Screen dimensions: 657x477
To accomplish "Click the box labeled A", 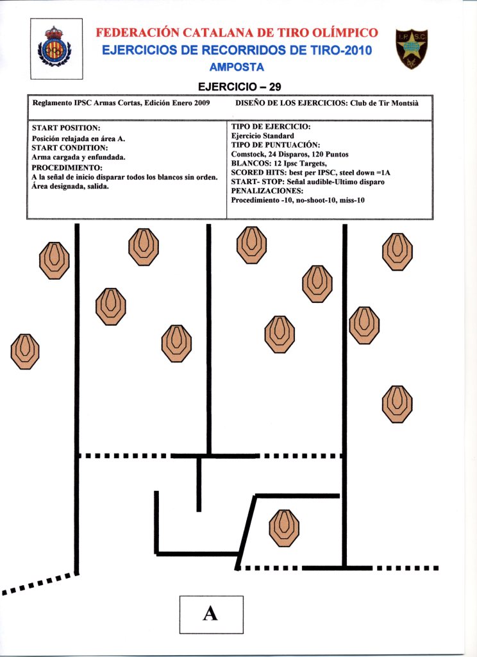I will coord(211,614).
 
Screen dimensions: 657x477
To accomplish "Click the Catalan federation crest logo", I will coord(56,49).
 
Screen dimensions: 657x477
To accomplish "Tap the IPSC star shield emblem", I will coord(412,49).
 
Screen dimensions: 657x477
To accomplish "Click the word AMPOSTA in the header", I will coord(237,67).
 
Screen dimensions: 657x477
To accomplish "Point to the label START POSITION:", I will coord(66,128).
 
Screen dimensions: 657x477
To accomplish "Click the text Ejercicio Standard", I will coord(262,136).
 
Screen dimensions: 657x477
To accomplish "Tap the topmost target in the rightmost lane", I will coord(397,252).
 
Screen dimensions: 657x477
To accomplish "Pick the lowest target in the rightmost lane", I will coord(397,404).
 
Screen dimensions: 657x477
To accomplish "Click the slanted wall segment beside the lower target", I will coord(247,531).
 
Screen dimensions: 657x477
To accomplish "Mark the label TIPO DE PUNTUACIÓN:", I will coord(275,145).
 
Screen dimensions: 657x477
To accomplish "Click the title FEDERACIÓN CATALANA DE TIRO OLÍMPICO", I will coord(237,33).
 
